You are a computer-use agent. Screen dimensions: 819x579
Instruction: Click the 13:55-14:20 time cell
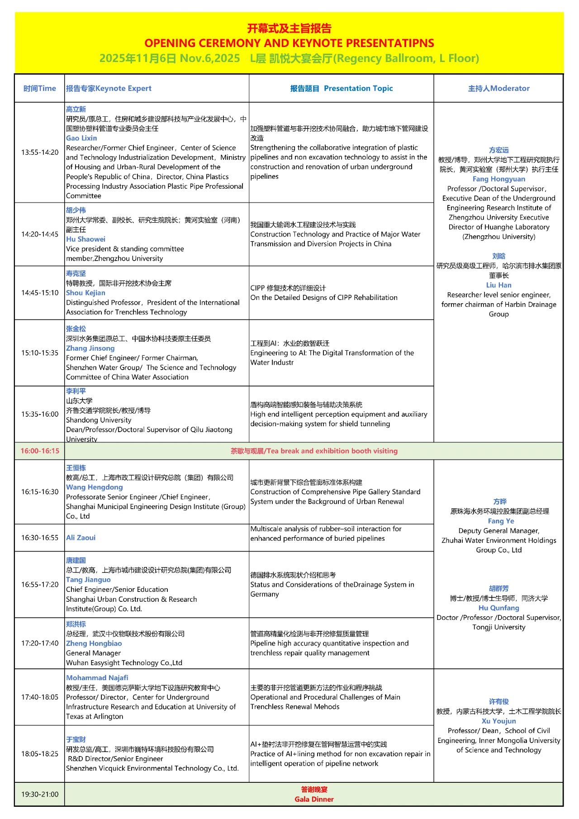40,152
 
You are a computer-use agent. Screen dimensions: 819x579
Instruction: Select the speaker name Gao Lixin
81,138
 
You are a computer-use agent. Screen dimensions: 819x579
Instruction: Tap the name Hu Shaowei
85,239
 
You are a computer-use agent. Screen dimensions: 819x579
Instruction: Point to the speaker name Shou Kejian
85,293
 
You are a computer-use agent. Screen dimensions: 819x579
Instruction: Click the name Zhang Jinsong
90,348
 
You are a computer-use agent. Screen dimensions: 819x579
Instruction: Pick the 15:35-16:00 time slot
40,414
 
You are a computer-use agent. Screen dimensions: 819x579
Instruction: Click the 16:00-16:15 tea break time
40,451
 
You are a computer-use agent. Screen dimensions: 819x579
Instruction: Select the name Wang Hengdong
94,487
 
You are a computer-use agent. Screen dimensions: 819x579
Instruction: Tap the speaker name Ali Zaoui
81,538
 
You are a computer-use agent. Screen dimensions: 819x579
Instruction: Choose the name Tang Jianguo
88,580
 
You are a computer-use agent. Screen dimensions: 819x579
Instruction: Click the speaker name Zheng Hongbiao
94,643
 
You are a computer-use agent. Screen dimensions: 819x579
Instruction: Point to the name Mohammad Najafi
97,677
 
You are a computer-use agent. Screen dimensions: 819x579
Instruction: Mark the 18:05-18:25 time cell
40,753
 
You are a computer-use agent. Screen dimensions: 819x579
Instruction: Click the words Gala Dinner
314,799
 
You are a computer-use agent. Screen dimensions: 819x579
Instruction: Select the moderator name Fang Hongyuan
498,179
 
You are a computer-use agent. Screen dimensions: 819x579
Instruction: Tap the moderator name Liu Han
498,285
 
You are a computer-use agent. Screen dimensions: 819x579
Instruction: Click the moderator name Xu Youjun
498,721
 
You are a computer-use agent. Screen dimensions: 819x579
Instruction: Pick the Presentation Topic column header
358,88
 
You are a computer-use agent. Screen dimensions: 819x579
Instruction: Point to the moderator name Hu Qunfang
498,608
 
